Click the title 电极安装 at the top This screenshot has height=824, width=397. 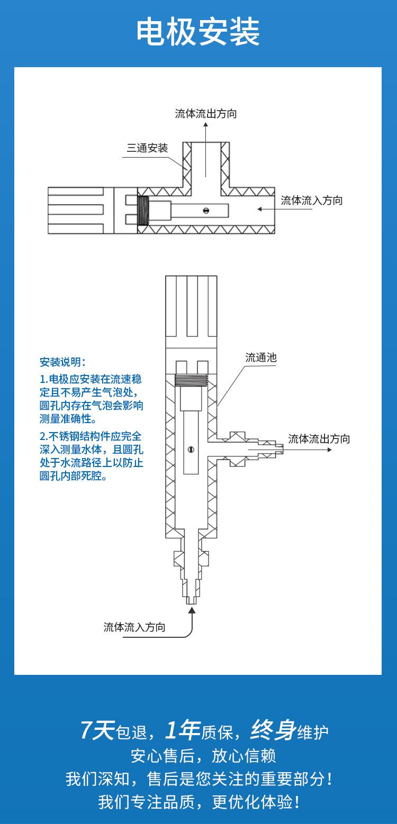click(198, 33)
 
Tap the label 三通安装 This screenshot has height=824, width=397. click(147, 148)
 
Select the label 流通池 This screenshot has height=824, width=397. click(261, 358)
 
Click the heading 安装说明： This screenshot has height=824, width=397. click(62, 362)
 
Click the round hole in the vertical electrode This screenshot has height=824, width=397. click(191, 450)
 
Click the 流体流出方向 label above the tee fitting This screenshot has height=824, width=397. click(206, 114)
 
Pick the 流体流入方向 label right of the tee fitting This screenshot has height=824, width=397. click(312, 201)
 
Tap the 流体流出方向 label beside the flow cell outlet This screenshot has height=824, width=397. click(319, 439)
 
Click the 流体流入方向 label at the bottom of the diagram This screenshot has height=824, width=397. click(134, 628)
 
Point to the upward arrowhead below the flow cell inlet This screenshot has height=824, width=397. click(192, 610)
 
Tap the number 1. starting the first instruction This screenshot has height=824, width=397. click(43, 379)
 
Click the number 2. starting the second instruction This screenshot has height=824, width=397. click(44, 436)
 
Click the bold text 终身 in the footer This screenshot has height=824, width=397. click(273, 731)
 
